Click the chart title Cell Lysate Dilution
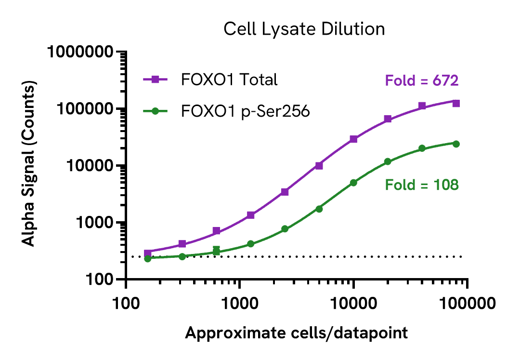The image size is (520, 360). pyautogui.click(x=304, y=29)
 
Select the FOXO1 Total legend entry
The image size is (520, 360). pyautogui.click(x=229, y=80)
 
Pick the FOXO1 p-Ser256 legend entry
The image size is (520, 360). pyautogui.click(x=245, y=111)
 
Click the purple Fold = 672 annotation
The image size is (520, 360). pyautogui.click(x=421, y=80)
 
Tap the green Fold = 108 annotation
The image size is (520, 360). pyautogui.click(x=421, y=185)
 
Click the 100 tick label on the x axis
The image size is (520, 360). pyautogui.click(x=126, y=304)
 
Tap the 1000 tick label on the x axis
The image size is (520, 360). pyautogui.click(x=239, y=304)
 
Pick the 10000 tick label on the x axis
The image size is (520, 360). pyautogui.click(x=353, y=304)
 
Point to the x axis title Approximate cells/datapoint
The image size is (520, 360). pyautogui.click(x=296, y=333)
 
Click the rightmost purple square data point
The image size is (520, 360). pyautogui.click(x=456, y=103)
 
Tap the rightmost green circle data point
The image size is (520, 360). pyautogui.click(x=456, y=144)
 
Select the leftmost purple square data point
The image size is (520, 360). pyautogui.click(x=148, y=253)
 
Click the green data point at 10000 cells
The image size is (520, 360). pyautogui.click(x=353, y=183)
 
